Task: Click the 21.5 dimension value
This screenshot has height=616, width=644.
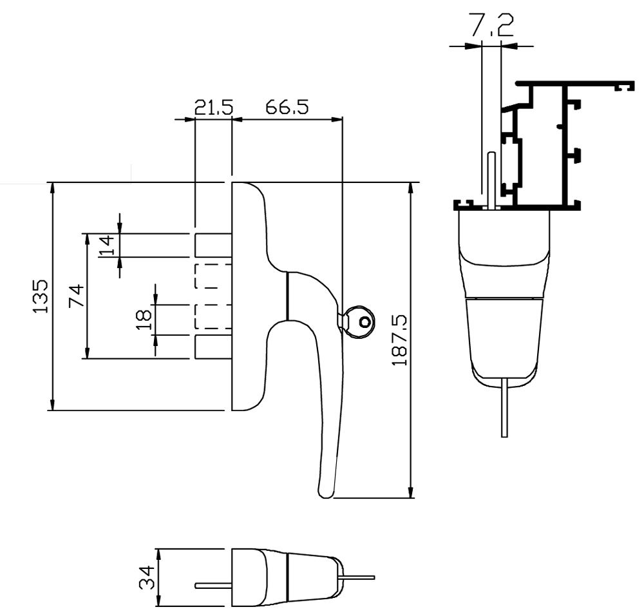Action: [213, 107]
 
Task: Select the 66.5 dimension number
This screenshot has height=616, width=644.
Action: [287, 107]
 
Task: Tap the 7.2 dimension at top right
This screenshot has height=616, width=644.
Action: [491, 25]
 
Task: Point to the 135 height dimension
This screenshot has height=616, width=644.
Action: [41, 296]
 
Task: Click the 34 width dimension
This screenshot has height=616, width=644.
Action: [147, 577]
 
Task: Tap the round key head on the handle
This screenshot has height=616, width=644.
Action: [358, 320]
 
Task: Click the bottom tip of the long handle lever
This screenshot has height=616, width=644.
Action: [326, 493]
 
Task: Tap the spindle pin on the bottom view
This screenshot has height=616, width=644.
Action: [213, 586]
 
